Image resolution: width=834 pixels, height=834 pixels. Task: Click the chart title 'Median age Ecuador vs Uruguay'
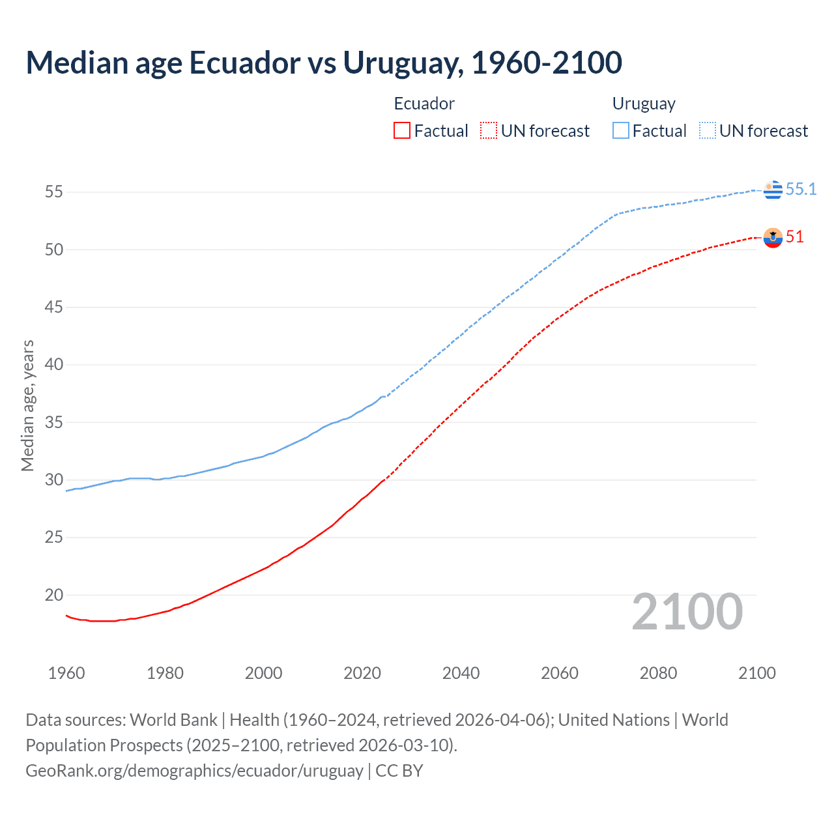324,63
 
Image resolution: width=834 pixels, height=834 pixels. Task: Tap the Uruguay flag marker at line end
773,190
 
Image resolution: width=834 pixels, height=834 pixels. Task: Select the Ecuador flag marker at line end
773,238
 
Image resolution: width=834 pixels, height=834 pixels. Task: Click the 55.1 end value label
801,189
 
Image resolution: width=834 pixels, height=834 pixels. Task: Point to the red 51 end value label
794,237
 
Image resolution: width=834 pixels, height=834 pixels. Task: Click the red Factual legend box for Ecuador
402,130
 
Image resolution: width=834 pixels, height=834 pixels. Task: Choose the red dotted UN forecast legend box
489,130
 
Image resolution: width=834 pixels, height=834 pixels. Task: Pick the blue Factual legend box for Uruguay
620,130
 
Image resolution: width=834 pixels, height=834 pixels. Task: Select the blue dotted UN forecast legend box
707,130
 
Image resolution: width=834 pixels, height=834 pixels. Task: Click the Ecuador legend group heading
424,104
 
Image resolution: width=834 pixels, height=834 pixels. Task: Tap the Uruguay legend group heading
644,104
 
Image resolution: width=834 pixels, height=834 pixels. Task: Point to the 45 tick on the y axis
54,307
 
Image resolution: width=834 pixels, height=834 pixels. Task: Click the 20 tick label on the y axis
54,595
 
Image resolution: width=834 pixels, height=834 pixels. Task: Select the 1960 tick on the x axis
66,673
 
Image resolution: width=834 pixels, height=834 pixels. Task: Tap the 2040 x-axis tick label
461,673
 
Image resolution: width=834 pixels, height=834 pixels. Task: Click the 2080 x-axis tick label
658,673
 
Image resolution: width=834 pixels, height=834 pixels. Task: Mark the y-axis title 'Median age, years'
27,405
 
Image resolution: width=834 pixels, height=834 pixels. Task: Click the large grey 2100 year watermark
687,611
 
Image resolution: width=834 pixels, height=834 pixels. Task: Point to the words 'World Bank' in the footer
173,720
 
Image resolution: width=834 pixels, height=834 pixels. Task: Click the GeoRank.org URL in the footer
194,771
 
